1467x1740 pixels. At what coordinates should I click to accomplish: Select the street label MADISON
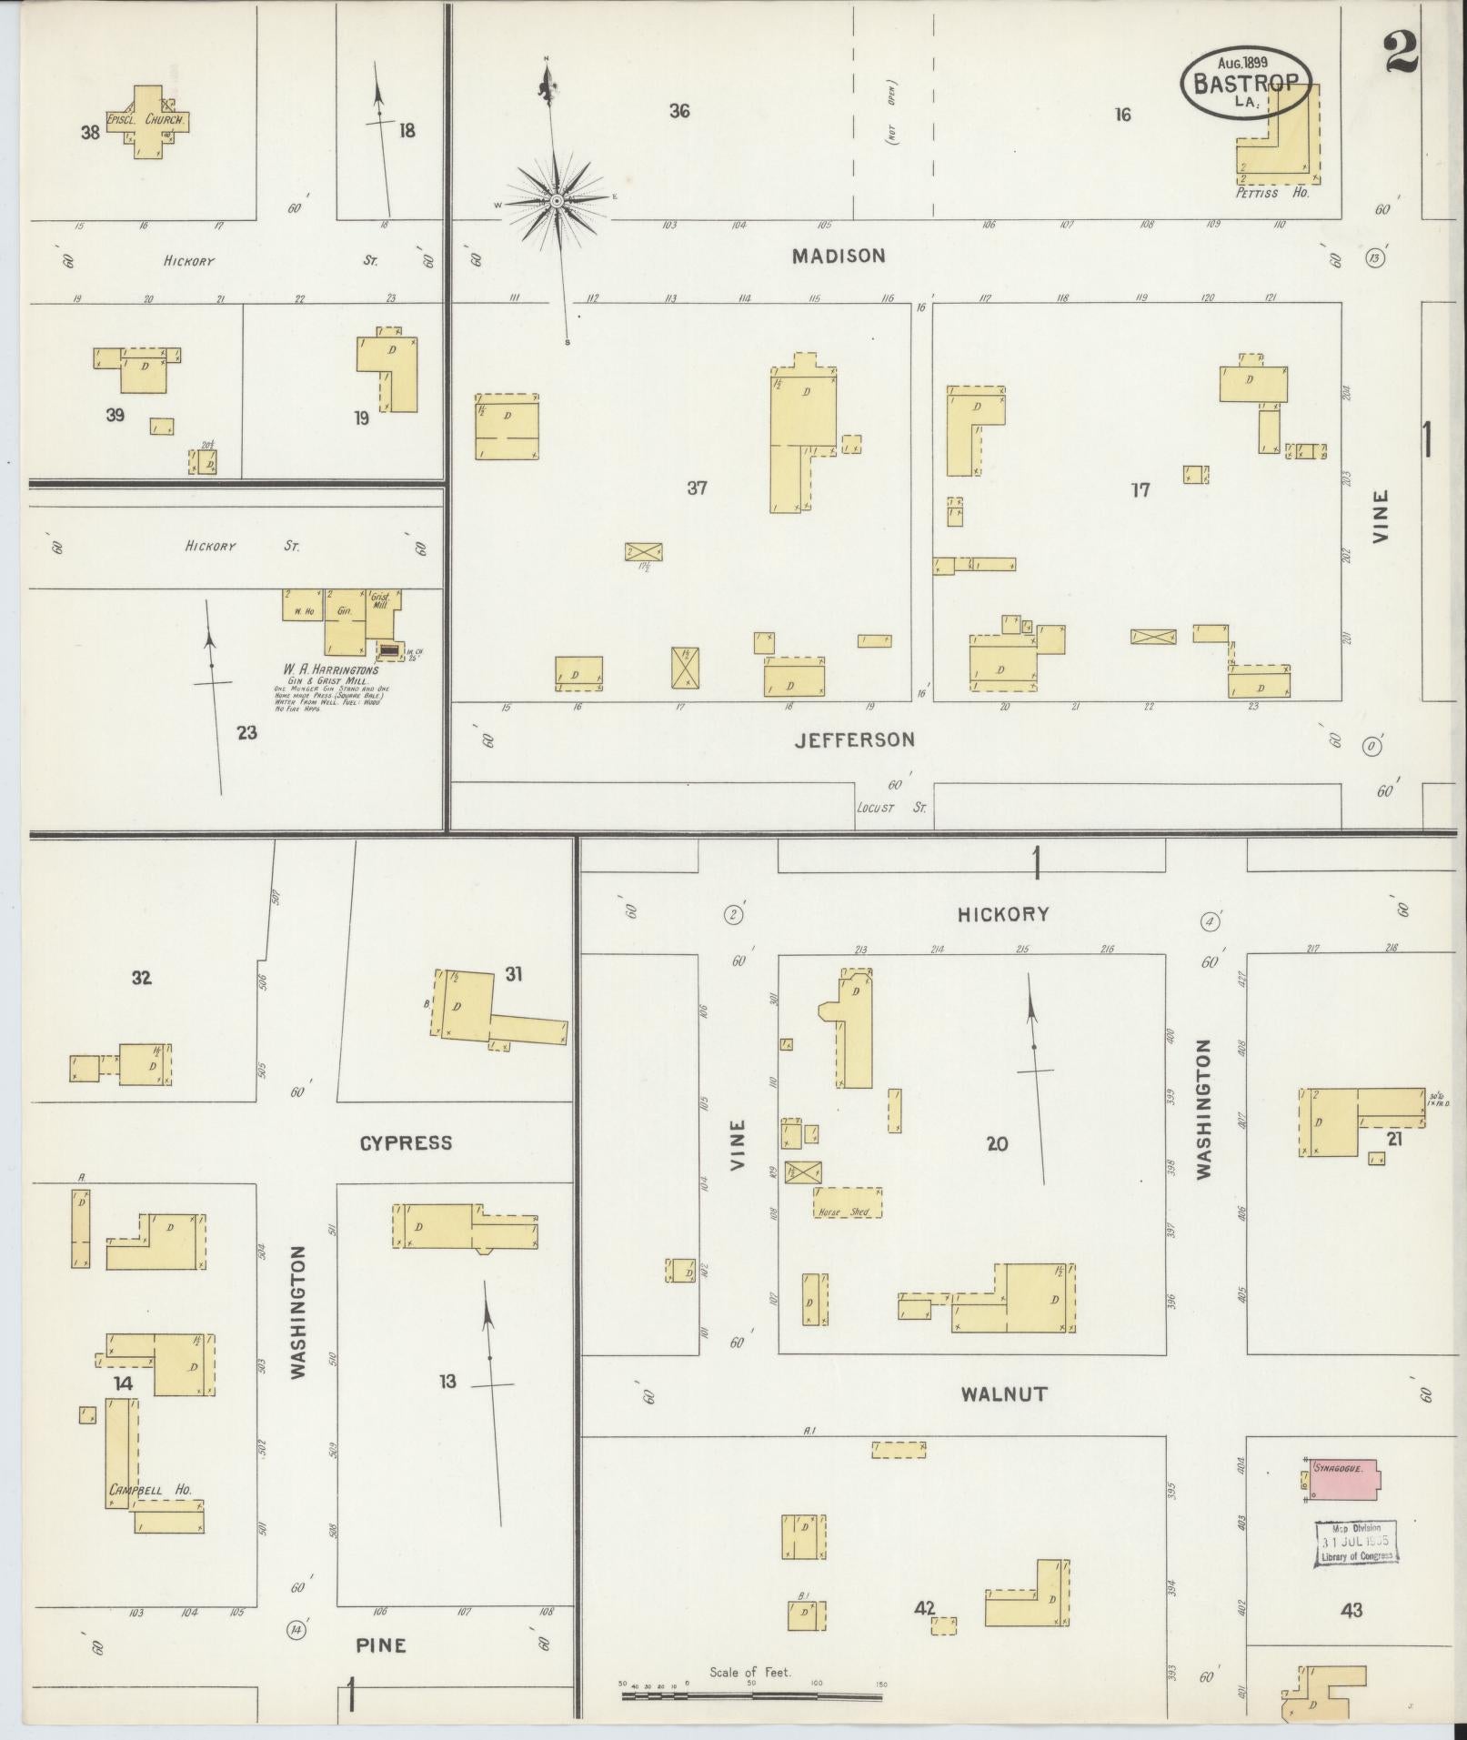coord(838,256)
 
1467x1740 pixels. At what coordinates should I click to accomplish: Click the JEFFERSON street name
coord(854,740)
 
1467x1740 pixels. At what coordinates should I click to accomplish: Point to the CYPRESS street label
coord(406,1143)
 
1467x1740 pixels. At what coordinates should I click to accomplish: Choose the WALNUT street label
coord(1004,1393)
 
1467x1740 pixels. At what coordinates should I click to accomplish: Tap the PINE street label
coord(381,1645)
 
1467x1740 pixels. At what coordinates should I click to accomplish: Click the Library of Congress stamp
coord(1355,1544)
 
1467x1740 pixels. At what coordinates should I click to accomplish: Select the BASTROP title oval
coord(1246,83)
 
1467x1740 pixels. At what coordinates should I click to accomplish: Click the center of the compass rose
coord(556,199)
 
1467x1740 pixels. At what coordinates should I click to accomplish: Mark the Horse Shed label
coord(845,1212)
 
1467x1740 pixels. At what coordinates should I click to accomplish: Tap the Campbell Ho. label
coord(150,1490)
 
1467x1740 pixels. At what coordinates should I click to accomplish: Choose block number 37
coord(697,488)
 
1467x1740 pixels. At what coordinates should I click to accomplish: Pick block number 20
coord(997,1144)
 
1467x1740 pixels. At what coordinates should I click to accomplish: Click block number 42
coord(926,1608)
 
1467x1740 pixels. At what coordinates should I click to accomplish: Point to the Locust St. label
coord(890,808)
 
